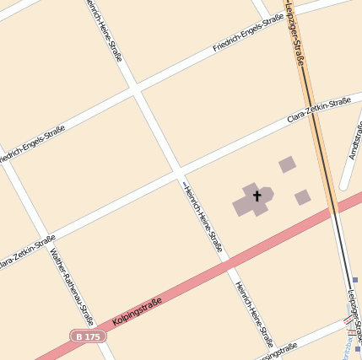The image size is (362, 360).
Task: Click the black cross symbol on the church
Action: tap(257, 196)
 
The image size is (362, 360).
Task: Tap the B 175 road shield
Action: tap(88, 336)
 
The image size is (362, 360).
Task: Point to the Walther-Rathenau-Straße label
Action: tap(72, 286)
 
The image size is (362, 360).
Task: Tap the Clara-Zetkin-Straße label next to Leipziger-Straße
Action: tap(318, 110)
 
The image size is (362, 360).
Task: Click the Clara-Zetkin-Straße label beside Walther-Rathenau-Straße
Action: tap(27, 252)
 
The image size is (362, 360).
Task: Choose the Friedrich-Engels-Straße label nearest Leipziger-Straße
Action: tap(248, 34)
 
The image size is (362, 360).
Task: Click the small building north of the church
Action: tap(287, 164)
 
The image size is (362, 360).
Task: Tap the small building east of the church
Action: tap(302, 197)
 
